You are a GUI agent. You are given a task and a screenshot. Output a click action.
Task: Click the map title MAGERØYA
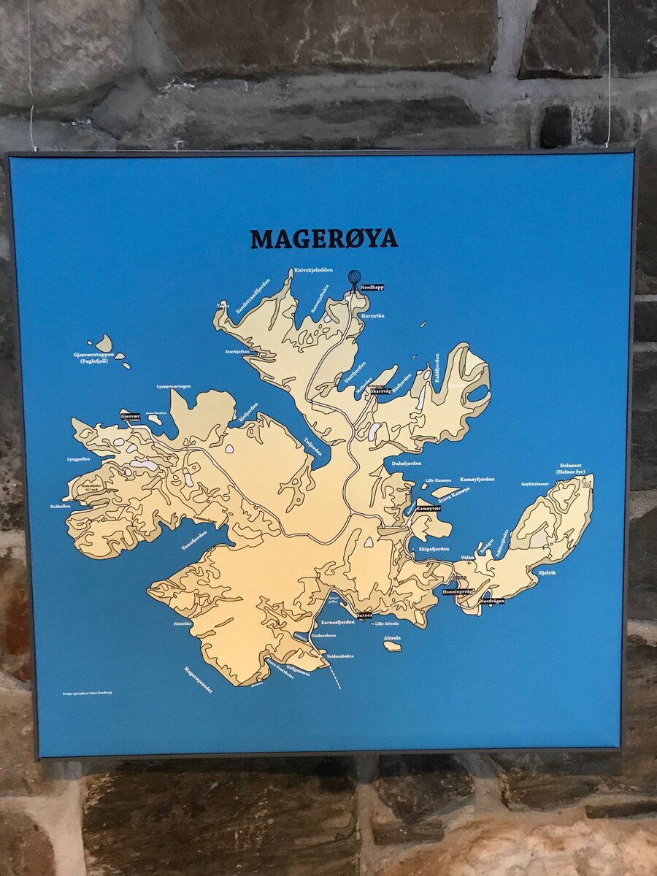point(324,239)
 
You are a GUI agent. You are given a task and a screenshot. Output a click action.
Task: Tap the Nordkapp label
point(372,288)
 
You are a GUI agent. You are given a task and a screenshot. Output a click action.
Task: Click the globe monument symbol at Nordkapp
point(354,277)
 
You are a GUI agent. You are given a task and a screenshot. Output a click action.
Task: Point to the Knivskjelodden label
point(313,270)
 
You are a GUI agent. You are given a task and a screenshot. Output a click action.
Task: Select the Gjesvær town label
point(130,416)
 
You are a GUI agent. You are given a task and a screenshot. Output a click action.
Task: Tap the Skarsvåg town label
point(381,391)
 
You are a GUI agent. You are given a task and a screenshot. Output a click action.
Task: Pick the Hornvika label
point(373,316)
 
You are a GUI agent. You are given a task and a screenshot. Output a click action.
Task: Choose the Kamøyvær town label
point(429,508)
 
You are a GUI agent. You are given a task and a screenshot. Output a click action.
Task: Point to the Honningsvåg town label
point(458,592)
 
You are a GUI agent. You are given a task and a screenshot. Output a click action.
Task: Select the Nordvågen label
point(492,601)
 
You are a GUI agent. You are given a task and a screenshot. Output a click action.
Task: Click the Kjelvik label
point(547,573)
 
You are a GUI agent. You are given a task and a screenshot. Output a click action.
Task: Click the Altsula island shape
point(393,646)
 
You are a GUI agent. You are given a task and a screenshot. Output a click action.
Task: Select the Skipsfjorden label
point(434,548)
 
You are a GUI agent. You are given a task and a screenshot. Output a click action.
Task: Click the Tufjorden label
point(312,446)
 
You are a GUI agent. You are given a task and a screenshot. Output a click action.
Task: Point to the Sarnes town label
point(364,615)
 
